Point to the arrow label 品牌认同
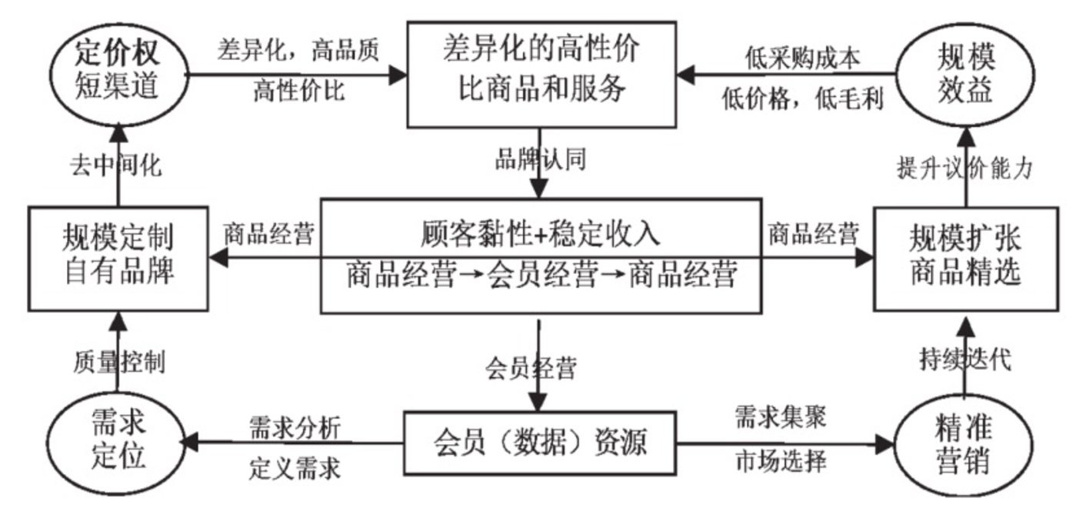541,160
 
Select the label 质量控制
119,360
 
